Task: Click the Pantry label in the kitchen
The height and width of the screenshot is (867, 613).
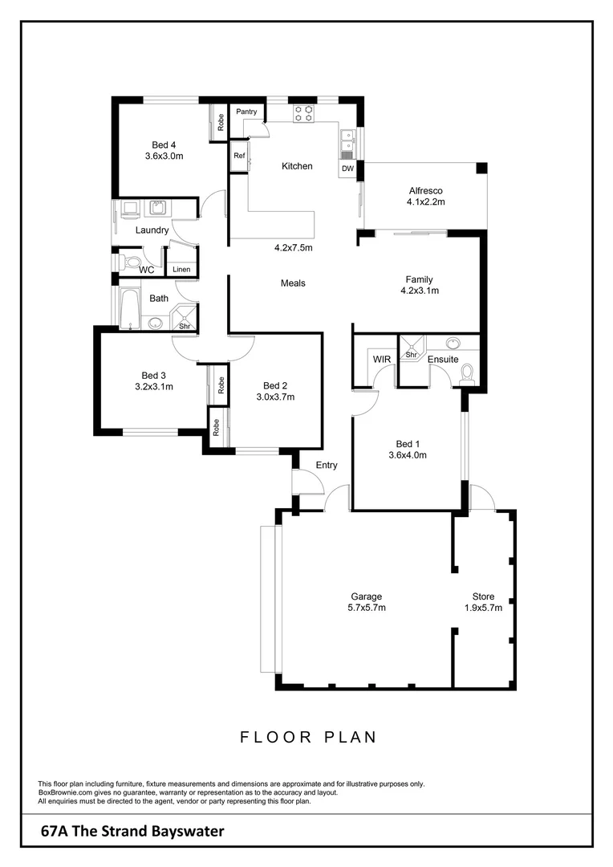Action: coord(246,112)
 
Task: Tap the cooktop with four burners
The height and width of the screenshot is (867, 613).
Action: coord(303,113)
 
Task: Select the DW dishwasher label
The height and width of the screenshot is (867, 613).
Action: coord(347,169)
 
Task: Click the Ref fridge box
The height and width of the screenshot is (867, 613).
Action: coord(239,156)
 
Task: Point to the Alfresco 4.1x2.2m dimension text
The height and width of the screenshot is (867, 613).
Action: coord(425,202)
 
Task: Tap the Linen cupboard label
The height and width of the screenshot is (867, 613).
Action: coord(181,269)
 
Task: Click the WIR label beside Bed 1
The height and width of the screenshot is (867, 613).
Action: coord(381,359)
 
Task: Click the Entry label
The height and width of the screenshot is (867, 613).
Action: coord(327,465)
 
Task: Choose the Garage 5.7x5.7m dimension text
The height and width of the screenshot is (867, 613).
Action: coord(366,608)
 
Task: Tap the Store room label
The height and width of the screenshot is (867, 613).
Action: coord(483,596)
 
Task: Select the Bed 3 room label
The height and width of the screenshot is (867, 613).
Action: coord(153,375)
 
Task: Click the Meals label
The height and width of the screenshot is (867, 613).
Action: coord(293,283)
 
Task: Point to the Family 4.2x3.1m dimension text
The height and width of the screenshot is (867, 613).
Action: coord(420,291)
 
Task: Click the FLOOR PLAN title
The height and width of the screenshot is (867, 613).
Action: coord(308,737)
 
